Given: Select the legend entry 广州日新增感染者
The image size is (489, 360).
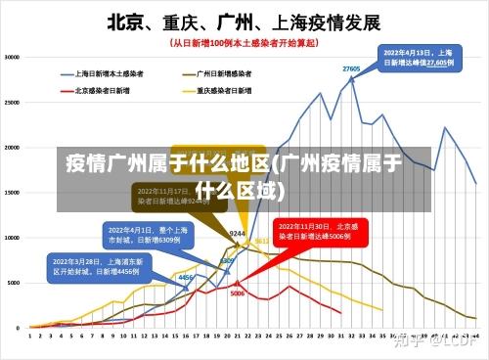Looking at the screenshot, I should click(224, 72).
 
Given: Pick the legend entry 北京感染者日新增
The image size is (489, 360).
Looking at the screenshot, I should click(102, 90).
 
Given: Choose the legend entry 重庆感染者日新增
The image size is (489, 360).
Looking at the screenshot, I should click(224, 90).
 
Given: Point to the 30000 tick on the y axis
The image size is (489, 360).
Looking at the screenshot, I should click(13, 57).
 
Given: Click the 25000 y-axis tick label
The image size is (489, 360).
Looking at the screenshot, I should click(13, 102).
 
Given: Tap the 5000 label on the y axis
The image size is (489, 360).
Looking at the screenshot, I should click(15, 282).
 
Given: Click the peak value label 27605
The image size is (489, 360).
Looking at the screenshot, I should click(351, 68).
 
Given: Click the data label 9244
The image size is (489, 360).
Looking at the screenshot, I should click(237, 234).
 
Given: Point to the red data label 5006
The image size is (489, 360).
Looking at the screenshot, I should click(237, 292).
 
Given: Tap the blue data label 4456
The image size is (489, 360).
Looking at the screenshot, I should click(185, 278).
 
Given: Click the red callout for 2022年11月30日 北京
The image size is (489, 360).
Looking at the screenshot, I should click(321, 231).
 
